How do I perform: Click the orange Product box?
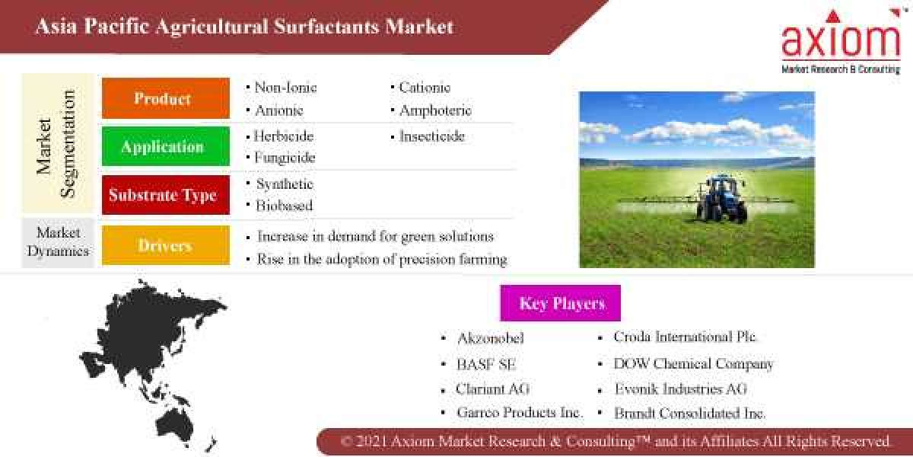(x=165, y=98)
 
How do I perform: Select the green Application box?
(x=165, y=146)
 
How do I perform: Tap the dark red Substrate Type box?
(x=165, y=195)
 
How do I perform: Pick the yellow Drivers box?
(x=165, y=245)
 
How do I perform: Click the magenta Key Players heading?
(x=561, y=303)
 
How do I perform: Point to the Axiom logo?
(x=841, y=43)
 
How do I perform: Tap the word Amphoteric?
(x=436, y=110)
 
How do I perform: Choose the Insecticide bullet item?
(x=431, y=137)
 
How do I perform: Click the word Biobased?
(x=284, y=206)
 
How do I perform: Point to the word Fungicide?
(x=284, y=158)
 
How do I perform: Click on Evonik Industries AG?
(x=681, y=388)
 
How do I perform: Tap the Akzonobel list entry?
(x=491, y=338)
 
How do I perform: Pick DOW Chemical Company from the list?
(x=693, y=364)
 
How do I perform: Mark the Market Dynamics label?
(x=58, y=241)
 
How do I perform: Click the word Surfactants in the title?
(x=327, y=27)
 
